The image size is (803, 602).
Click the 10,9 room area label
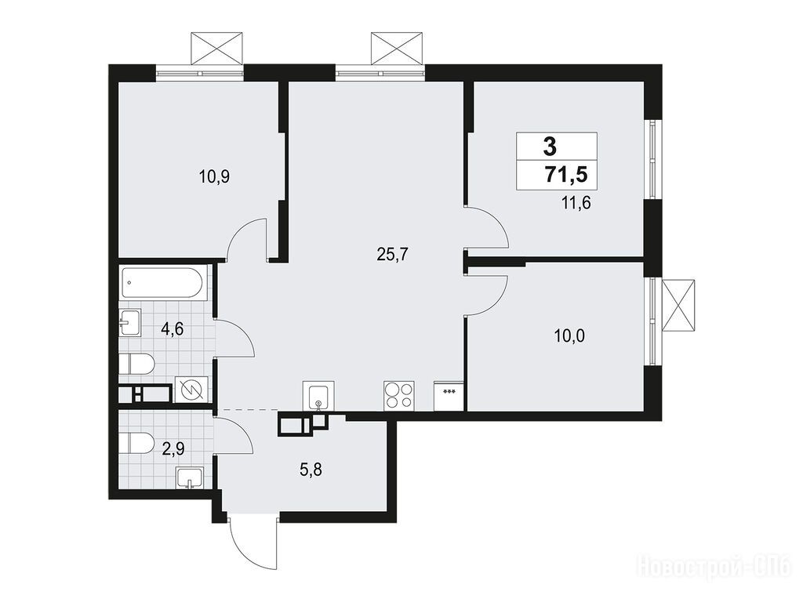tap(215, 177)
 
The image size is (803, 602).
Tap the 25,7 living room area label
tap(391, 255)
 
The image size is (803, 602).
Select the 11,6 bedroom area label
tap(576, 204)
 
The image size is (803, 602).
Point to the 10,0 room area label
tap(569, 336)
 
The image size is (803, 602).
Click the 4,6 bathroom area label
tap(172, 328)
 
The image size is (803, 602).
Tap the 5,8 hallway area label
tap(311, 469)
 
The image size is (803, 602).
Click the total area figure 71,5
tap(565, 175)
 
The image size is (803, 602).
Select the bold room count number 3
tap(550, 147)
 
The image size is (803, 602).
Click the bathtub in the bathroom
tap(163, 282)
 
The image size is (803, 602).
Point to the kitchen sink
tap(318, 395)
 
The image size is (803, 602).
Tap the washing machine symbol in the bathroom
tap(191, 390)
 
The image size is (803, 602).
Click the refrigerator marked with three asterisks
tap(449, 396)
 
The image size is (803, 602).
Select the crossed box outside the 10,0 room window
tap(678, 305)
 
